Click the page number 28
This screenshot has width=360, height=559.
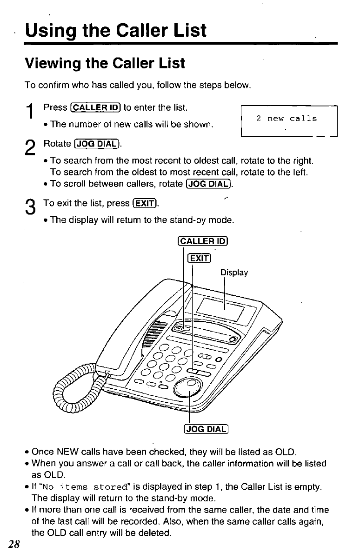point(13,546)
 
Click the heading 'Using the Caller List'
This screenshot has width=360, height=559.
point(116,31)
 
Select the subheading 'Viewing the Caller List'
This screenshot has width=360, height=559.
point(105,63)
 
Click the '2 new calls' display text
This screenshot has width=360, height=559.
point(287,119)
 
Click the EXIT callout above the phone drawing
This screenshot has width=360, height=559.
point(199,259)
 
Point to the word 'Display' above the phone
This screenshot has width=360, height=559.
point(234,273)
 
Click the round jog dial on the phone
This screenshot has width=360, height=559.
point(188,387)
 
